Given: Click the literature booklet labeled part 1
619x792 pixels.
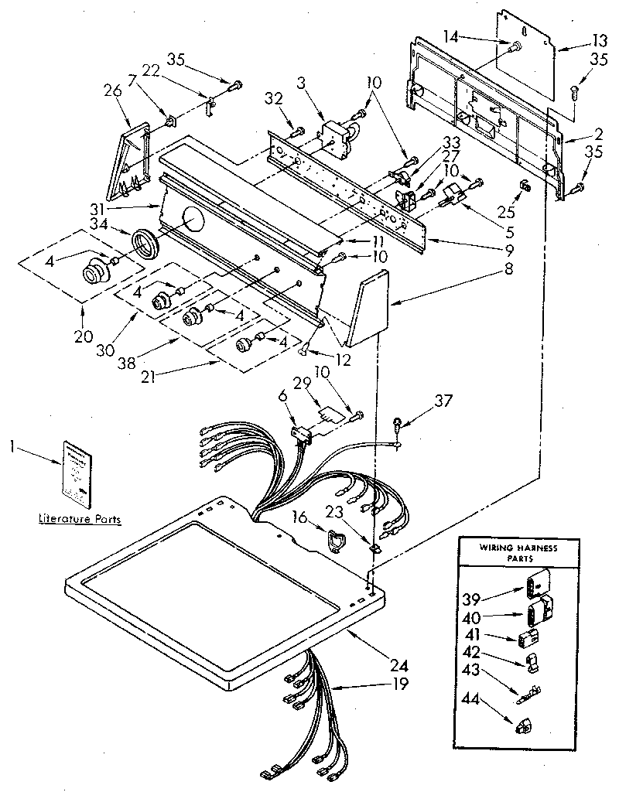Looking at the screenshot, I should [x=76, y=472].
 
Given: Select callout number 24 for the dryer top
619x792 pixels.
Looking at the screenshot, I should [x=400, y=664].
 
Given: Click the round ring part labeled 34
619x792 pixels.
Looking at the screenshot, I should [x=145, y=244].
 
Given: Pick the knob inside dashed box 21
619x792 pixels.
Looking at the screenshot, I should [x=247, y=346].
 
